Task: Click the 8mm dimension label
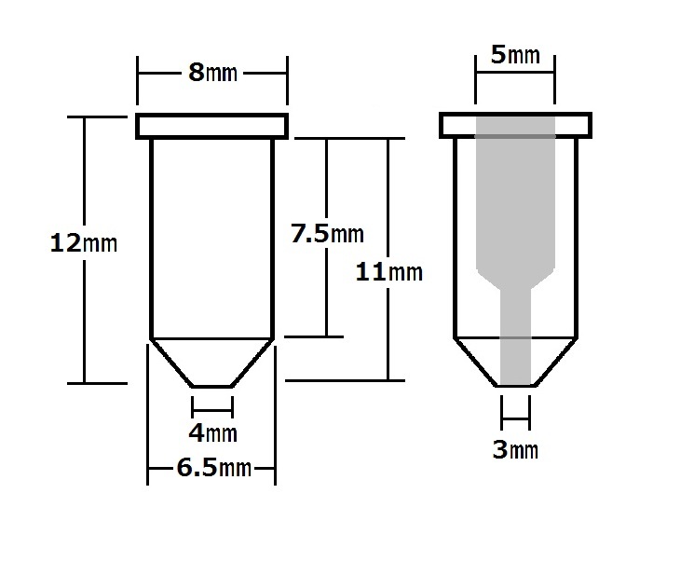213,73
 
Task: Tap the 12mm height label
84,243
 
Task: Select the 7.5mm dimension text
327,234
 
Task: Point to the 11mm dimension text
389,272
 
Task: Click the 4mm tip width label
213,432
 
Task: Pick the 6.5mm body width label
214,468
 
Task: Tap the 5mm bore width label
516,55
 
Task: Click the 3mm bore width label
516,450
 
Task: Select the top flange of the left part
212,126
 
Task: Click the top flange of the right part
516,125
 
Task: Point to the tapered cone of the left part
212,363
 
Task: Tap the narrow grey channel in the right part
515,336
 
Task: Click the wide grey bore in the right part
515,199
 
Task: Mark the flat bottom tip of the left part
212,387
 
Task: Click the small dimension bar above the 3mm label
516,418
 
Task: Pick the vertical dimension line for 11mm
388,259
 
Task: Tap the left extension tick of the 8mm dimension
137,80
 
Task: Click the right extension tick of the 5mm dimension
554,80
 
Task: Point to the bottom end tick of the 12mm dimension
98,383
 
